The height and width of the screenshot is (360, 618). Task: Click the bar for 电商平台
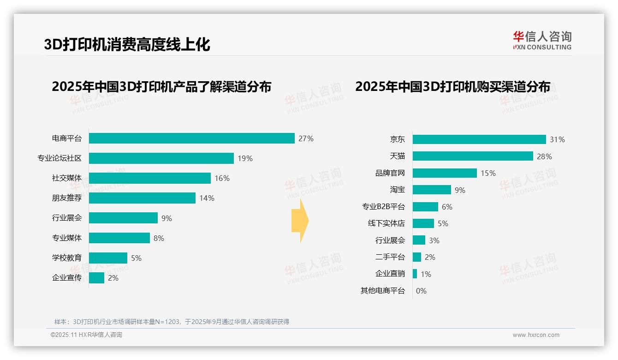191,138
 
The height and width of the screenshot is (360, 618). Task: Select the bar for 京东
479,139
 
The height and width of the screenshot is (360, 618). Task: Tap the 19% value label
245,158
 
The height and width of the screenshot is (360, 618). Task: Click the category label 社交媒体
67,178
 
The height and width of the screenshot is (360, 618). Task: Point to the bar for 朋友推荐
142,198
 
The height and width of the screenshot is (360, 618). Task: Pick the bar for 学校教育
108,258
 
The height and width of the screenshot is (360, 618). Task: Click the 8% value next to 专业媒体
159,238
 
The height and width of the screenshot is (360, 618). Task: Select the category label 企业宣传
67,278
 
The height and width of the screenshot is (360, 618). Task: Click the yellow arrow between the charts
300,221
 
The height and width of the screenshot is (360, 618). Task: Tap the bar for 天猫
473,156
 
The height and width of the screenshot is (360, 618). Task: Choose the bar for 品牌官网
445,173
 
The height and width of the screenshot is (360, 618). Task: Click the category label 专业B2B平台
383,207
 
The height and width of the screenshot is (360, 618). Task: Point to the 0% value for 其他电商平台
421,291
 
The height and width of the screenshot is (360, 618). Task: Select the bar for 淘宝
432,190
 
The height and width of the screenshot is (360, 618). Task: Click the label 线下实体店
386,223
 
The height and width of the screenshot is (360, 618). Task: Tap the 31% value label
557,139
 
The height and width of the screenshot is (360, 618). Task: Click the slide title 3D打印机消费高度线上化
127,44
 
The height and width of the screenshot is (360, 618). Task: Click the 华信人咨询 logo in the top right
542,41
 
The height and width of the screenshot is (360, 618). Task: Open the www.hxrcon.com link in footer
536,335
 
